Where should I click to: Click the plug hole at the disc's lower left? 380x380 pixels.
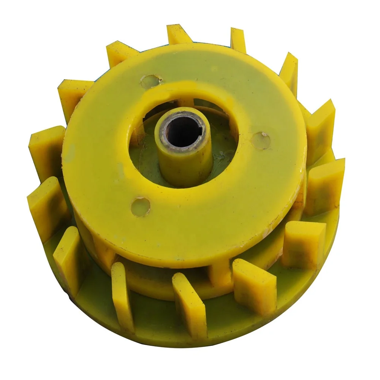tap(141, 206)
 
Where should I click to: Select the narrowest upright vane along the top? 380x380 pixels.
tap(238, 40)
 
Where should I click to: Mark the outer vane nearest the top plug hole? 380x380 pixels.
tap(118, 53)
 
